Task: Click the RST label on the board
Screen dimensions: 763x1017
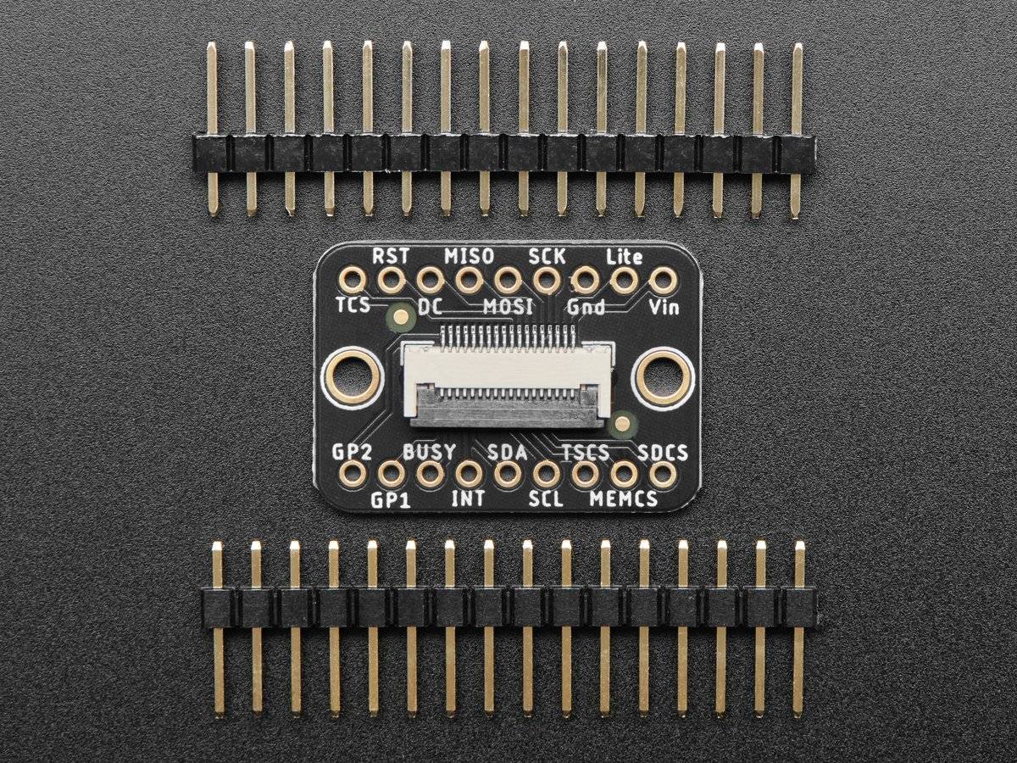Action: (x=391, y=255)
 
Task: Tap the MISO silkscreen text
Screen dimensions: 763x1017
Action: (x=469, y=255)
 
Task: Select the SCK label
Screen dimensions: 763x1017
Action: (x=547, y=255)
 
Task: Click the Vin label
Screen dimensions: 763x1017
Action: (x=664, y=306)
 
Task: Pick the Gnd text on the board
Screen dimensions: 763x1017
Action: (x=586, y=306)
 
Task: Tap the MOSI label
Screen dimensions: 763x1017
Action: (x=508, y=306)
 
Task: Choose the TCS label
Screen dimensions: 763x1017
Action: (x=353, y=306)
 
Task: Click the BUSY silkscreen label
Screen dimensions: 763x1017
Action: (x=429, y=451)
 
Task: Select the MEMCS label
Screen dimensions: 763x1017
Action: (x=624, y=499)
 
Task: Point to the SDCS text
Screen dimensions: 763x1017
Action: (x=663, y=451)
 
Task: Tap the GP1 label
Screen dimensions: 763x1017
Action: (x=391, y=500)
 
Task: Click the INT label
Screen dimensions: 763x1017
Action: (x=468, y=499)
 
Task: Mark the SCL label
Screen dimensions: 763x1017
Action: (x=546, y=499)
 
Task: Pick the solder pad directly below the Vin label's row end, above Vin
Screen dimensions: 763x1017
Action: (x=663, y=280)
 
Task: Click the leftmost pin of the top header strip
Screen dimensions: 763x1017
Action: (x=211, y=127)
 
